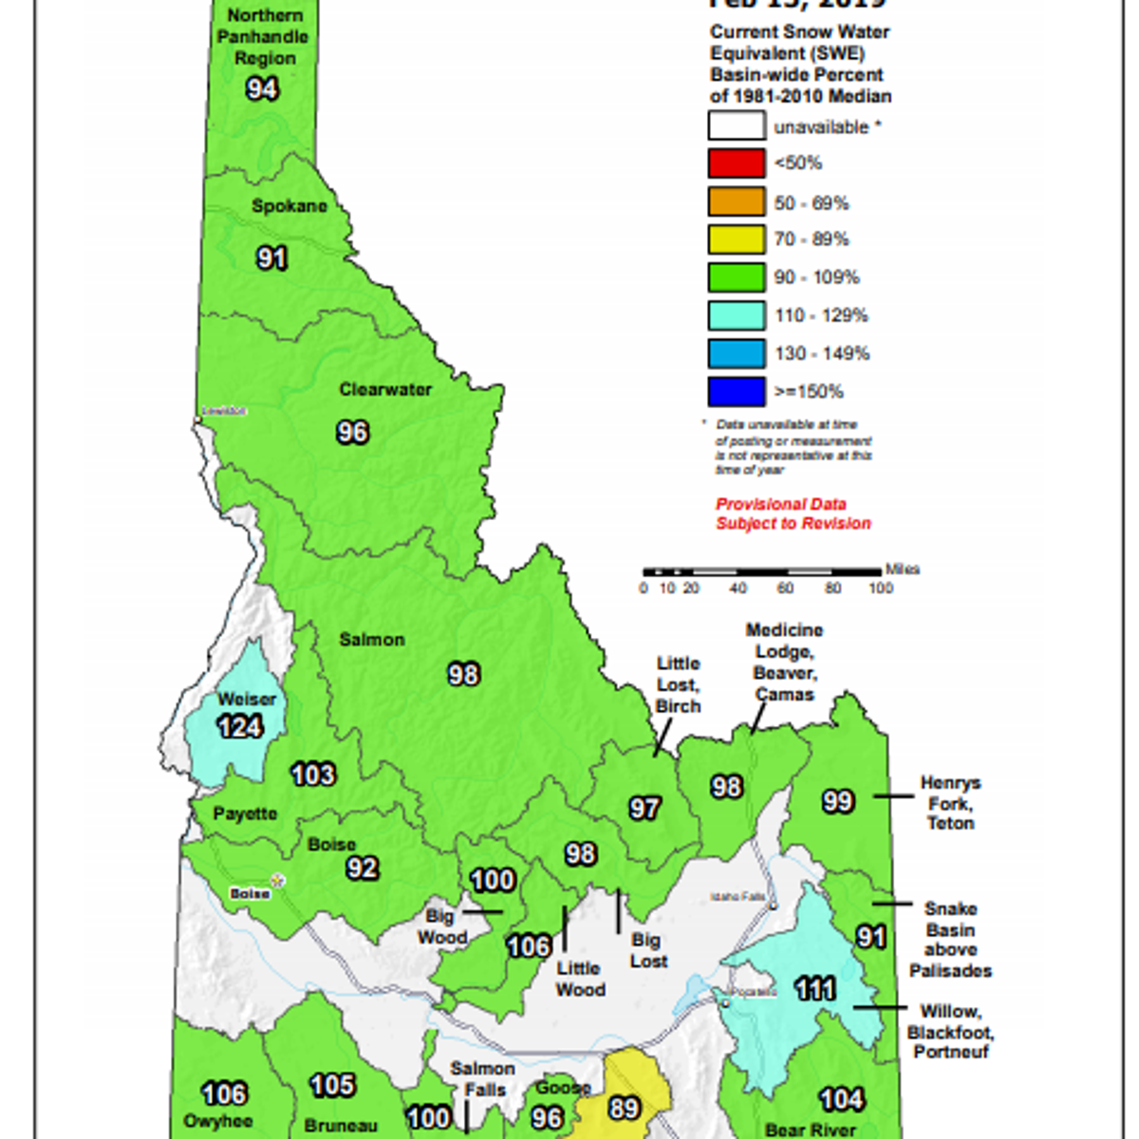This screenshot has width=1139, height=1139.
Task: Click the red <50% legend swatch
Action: click(x=736, y=163)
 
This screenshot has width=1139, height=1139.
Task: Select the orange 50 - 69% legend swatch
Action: click(x=736, y=202)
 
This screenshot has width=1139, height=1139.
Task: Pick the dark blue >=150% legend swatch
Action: click(x=736, y=391)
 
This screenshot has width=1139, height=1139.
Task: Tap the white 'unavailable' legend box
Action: click(x=736, y=126)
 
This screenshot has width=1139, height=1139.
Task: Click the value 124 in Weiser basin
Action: click(x=240, y=727)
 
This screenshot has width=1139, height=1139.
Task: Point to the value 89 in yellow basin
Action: click(x=624, y=1108)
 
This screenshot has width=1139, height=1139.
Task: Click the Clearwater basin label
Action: click(x=385, y=389)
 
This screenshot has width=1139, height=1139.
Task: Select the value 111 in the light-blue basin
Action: click(x=814, y=989)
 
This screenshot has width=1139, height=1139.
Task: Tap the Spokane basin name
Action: click(x=289, y=206)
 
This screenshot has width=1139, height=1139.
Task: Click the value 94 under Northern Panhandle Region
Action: click(x=262, y=88)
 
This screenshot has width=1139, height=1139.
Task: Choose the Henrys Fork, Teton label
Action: click(x=950, y=803)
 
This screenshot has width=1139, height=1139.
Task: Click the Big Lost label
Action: click(x=648, y=950)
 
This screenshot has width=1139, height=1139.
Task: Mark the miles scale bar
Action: click(x=762, y=572)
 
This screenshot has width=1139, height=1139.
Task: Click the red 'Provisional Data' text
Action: click(x=781, y=504)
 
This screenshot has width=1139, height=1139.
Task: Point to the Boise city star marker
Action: click(x=278, y=881)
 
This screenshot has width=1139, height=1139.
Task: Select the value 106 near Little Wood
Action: click(x=529, y=946)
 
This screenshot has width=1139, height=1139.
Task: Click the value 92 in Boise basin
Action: click(x=362, y=868)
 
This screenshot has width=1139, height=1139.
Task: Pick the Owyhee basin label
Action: click(x=218, y=1121)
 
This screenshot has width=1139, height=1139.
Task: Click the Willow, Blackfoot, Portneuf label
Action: click(x=950, y=1032)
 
